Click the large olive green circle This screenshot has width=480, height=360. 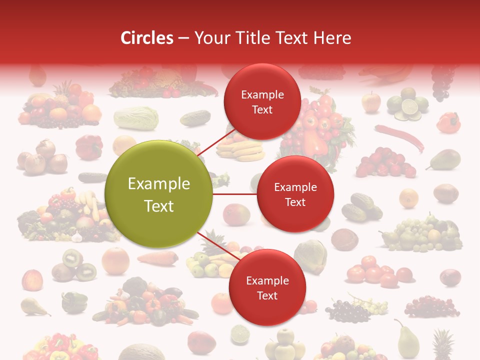pos(158,194)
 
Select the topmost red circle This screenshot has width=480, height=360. pos(262,101)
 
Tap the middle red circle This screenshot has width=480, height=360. pos(295,194)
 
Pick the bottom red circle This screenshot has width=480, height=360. pos(267,287)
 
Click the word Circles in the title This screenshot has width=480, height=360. pos(147,38)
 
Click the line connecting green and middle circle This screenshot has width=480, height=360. pos(234,194)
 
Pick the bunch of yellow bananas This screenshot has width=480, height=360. pos(240,149)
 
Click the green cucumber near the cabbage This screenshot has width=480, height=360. pos(195,118)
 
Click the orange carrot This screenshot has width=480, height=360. pos(157,258)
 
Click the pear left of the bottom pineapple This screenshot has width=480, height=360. pos(407,339)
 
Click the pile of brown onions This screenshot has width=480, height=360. pos(42,157)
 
